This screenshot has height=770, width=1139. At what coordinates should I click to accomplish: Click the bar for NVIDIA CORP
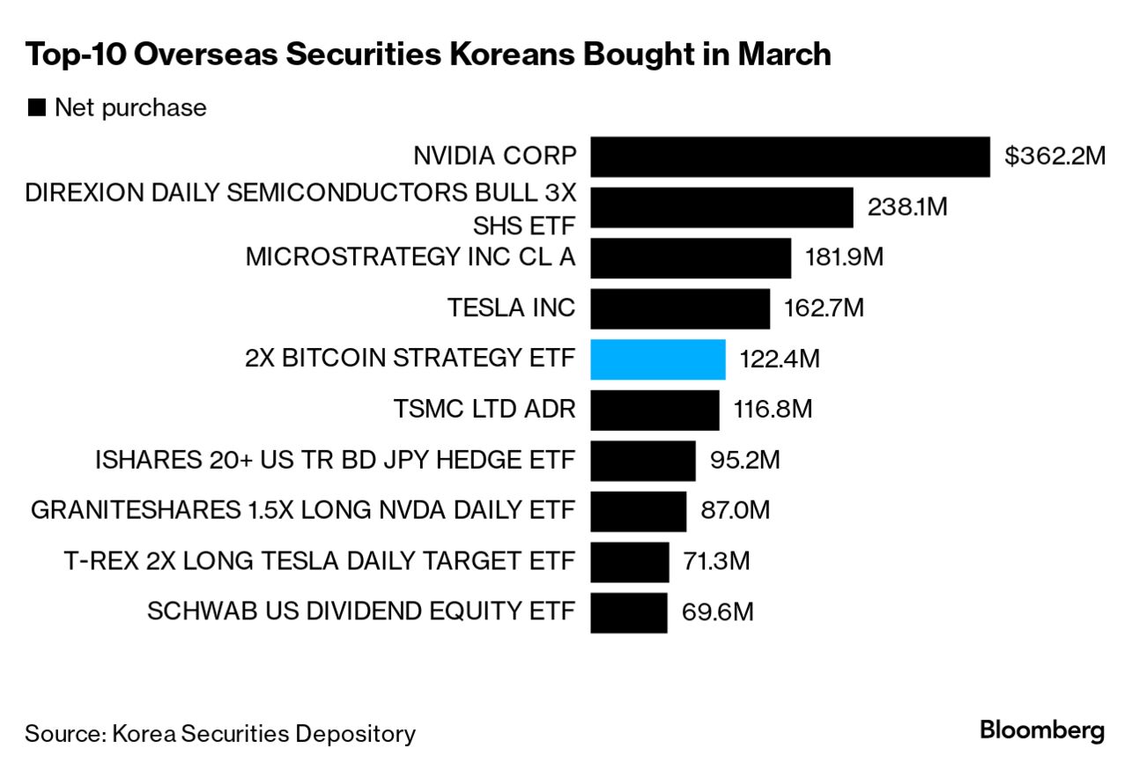(789, 157)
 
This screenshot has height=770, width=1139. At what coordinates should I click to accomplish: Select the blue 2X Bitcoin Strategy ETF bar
(657, 359)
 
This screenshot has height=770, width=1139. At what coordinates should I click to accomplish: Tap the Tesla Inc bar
(679, 308)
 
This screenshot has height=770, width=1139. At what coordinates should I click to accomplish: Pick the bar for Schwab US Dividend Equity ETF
(628, 611)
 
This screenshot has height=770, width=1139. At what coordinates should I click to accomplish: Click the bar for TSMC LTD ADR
(655, 410)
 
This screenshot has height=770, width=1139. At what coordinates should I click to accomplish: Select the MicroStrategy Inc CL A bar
(690, 257)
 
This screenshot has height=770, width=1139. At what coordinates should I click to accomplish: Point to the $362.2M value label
(1054, 157)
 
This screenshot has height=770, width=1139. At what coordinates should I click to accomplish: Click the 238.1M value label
(906, 207)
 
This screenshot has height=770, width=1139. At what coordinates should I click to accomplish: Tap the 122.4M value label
(780, 359)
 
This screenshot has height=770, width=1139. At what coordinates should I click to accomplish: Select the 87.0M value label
(735, 510)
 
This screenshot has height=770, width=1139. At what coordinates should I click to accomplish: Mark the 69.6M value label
(717, 611)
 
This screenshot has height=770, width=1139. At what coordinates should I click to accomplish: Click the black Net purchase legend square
(36, 107)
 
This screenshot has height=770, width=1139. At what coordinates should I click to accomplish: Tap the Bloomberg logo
(1041, 730)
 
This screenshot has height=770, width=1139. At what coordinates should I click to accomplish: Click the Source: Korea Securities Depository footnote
(220, 733)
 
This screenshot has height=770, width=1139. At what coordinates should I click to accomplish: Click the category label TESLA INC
(511, 308)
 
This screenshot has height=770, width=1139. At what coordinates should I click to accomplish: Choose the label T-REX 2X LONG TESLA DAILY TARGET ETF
(320, 560)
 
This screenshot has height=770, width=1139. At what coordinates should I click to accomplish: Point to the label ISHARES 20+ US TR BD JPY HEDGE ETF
(335, 460)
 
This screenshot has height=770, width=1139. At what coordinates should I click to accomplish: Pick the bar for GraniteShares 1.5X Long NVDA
(638, 511)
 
